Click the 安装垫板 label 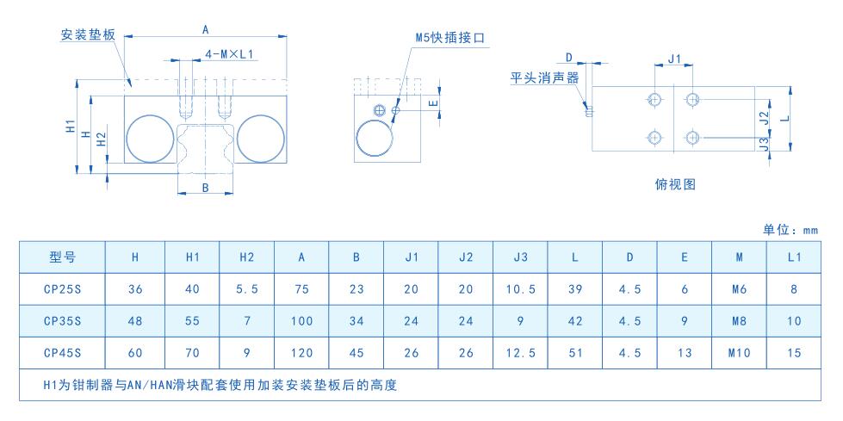(88, 35)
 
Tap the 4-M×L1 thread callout (229, 54)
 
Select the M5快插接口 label (450, 38)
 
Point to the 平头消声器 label (544, 78)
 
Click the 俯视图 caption (675, 184)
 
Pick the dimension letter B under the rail (205, 187)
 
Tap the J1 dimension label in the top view (674, 58)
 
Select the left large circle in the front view (151, 139)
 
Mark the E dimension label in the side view (434, 102)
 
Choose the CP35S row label (62, 321)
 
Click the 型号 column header (62, 257)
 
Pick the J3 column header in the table (520, 257)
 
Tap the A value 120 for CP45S (301, 353)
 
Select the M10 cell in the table (739, 353)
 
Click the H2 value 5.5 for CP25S (247, 289)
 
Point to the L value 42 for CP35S (575, 321)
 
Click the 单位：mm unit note (790, 230)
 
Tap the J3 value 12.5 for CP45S (520, 353)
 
